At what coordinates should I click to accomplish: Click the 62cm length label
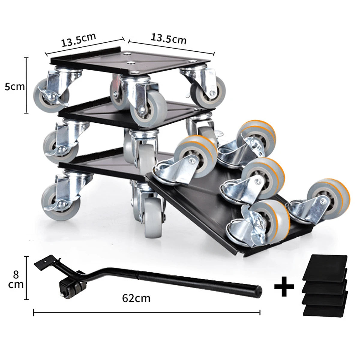(x=136, y=298)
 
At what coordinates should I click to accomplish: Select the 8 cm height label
(x=16, y=280)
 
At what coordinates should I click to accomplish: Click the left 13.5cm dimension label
(x=79, y=40)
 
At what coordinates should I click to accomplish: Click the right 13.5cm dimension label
(x=169, y=38)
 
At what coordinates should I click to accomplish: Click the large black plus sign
(x=284, y=286)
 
